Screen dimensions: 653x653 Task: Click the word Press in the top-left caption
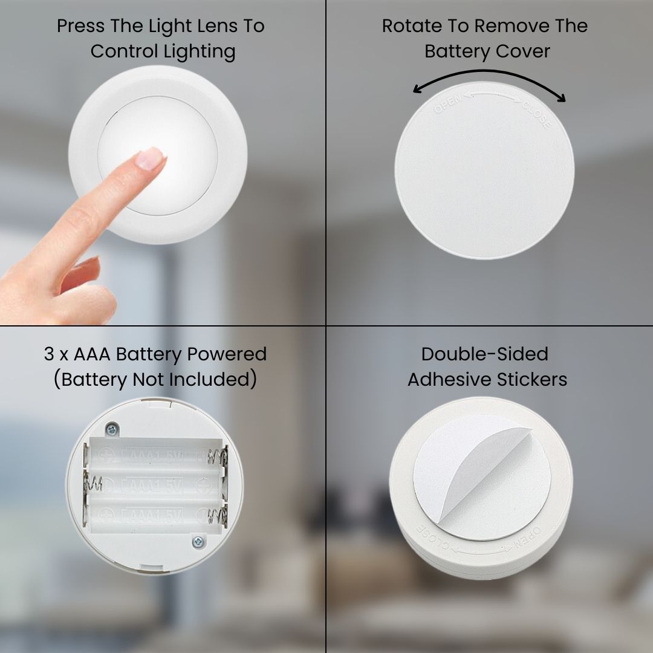coord(81,27)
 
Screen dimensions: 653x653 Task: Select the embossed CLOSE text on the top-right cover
coord(537,115)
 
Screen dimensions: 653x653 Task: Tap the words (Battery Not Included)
coord(155,380)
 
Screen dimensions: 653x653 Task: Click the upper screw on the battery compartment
coord(111,429)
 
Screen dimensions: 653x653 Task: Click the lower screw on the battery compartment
coord(197,542)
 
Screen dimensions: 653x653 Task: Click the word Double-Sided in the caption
coord(485,354)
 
